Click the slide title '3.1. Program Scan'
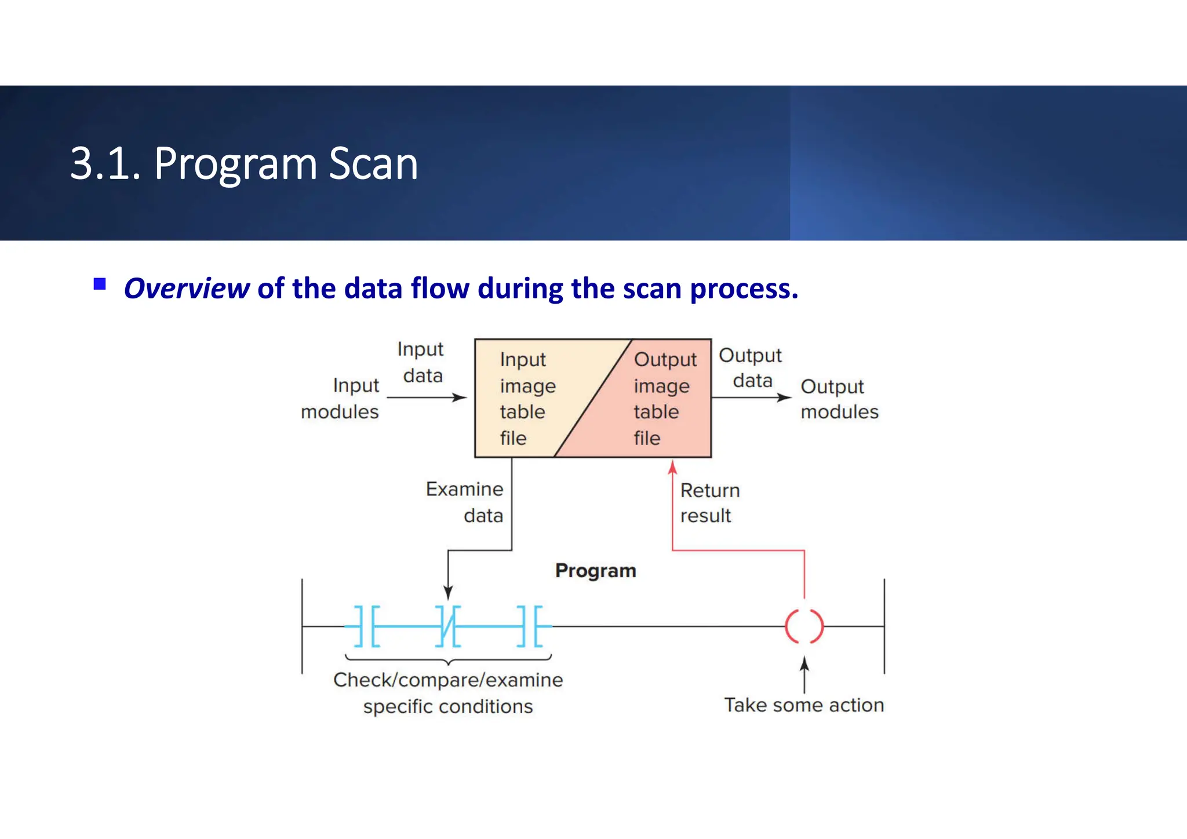pos(243,164)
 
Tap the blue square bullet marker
pos(100,284)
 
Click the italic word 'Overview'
pos(187,289)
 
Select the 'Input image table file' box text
pos(526,399)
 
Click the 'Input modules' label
pos(341,399)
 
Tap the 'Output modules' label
pos(839,399)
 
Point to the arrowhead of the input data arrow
pos(461,397)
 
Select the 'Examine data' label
pos(465,502)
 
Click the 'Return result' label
pos(709,503)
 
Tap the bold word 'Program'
pos(595,571)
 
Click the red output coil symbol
pos(804,626)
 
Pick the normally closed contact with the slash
pos(448,626)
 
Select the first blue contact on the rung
pos(366,626)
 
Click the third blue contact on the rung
pos(530,626)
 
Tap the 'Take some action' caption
pos(804,705)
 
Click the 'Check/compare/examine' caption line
pos(448,680)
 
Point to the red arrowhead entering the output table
pos(672,466)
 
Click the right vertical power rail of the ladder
pos(884,626)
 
